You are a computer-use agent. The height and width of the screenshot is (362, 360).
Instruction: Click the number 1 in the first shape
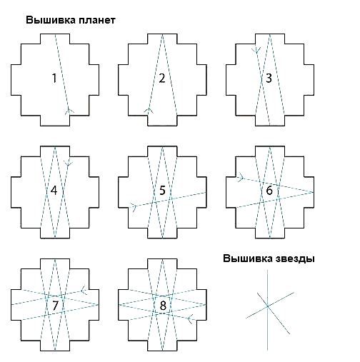[54, 79]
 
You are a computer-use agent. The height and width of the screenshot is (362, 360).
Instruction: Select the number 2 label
[162, 79]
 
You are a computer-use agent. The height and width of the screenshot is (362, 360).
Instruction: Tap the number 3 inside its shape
[269, 79]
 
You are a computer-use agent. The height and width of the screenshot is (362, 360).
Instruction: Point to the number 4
[54, 191]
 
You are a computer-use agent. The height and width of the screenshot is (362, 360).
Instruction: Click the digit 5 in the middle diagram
[162, 191]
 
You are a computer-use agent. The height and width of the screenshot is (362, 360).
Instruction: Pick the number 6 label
[269, 191]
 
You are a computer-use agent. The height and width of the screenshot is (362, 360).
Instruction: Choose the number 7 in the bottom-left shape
[55, 306]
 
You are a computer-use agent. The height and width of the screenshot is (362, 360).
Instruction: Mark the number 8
[163, 306]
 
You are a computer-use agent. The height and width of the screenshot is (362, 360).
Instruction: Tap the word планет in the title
[97, 20]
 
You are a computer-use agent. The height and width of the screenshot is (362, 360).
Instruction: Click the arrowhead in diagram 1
[69, 111]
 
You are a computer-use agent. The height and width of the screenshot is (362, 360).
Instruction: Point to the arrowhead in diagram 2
[149, 111]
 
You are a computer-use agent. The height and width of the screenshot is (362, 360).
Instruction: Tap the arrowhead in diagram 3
[256, 50]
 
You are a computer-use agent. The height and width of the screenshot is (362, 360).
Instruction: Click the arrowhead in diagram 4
[69, 164]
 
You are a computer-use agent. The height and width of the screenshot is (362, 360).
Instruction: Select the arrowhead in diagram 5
[134, 206]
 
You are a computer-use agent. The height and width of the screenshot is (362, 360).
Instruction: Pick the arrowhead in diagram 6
[241, 177]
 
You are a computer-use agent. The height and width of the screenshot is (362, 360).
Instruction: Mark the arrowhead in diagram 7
[84, 290]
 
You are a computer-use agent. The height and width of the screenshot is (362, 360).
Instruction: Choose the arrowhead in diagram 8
[191, 318]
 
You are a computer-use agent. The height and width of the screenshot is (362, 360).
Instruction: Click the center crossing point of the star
[268, 306]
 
